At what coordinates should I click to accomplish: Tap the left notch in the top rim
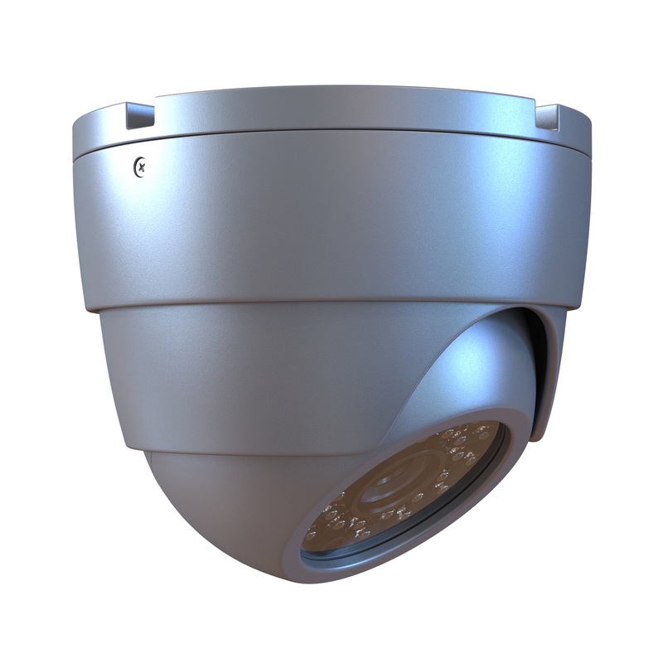[x=138, y=116]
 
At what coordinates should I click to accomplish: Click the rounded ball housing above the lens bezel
[x=464, y=365]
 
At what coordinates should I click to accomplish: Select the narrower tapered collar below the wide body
[x=249, y=373]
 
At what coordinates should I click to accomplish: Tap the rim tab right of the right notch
[x=576, y=120]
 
